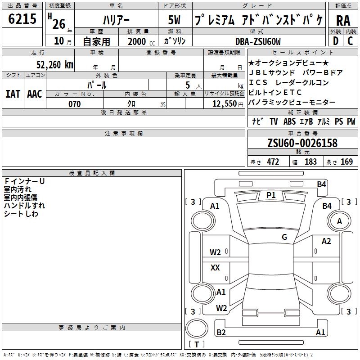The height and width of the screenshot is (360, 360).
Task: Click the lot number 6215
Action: tap(22, 19)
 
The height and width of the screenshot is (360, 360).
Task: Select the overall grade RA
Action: tap(343, 21)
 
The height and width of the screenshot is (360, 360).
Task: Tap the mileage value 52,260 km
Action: tap(55, 65)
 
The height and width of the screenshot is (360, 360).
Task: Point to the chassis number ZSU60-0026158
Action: tap(302, 143)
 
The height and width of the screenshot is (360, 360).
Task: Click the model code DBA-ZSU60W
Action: tap(258, 41)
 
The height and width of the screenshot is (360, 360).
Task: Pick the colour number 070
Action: tap(75, 104)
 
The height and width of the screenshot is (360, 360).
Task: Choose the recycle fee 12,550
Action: tap(224, 104)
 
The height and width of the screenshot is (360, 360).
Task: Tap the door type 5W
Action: tap(174, 20)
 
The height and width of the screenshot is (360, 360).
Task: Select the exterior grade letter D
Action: tap(336, 41)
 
